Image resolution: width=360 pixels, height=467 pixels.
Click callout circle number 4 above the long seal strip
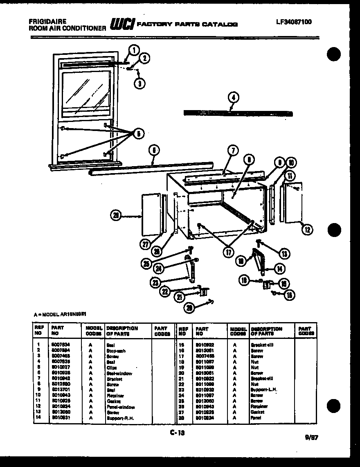[234, 98]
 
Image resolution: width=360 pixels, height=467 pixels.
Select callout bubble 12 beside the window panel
[307, 230]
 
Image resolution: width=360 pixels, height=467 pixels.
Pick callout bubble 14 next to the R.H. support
[279, 269]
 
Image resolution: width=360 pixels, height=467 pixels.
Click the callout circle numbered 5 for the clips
[138, 133]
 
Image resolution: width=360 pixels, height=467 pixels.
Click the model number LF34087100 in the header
[293, 22]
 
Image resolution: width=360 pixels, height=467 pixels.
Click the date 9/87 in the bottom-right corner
[313, 437]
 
